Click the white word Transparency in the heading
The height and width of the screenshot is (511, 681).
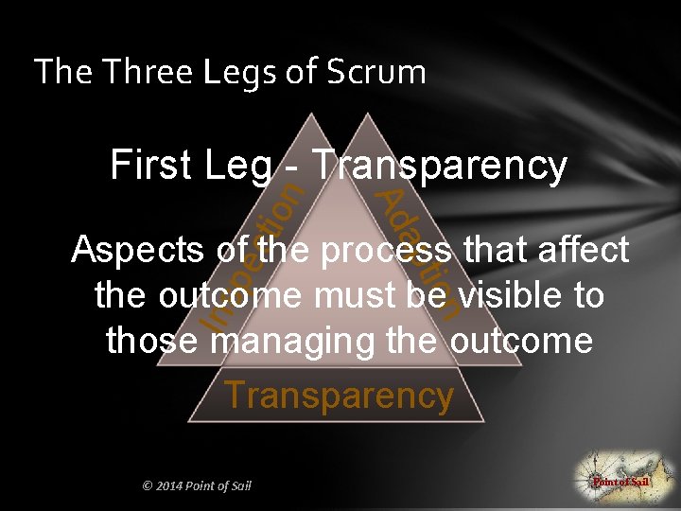click(x=440, y=167)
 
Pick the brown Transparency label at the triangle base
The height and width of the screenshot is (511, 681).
click(x=339, y=396)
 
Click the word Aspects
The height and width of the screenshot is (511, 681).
click(x=138, y=251)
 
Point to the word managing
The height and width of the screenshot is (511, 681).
click(x=284, y=342)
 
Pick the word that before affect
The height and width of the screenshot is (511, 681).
click(x=495, y=251)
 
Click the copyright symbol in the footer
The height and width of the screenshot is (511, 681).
click(x=147, y=486)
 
